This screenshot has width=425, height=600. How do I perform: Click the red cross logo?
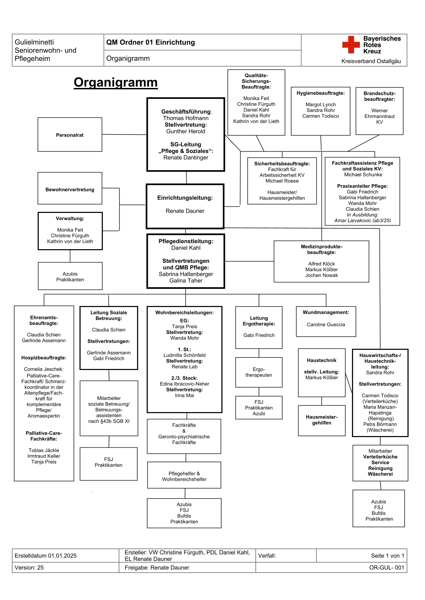click(x=351, y=45)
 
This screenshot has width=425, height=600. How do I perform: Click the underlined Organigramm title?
click(x=116, y=82)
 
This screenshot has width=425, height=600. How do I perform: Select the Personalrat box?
click(x=70, y=135)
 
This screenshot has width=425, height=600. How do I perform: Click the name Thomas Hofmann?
click(x=185, y=118)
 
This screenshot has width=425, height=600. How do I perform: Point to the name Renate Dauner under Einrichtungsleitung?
click(x=185, y=211)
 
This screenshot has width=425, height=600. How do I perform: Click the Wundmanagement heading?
click(x=326, y=312)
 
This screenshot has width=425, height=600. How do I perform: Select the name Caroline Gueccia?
click(x=326, y=324)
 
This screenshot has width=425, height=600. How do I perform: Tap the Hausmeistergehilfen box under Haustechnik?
click(x=321, y=420)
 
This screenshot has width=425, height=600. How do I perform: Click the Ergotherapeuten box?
click(x=259, y=372)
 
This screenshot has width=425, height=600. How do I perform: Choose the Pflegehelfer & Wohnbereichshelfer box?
click(x=184, y=476)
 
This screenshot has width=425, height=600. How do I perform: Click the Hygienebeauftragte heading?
click(x=320, y=93)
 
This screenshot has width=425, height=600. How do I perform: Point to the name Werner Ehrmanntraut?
click(x=379, y=113)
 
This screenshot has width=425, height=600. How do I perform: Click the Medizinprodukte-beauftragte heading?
click(x=321, y=249)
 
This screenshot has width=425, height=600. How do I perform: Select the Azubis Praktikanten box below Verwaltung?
click(x=70, y=277)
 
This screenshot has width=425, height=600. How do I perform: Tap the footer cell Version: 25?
click(x=29, y=567)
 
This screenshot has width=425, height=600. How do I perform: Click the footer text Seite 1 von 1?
click(x=387, y=556)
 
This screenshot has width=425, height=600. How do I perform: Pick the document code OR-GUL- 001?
click(x=386, y=567)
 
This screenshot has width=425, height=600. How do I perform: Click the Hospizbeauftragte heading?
click(x=44, y=358)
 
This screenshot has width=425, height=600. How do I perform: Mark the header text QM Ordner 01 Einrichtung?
click(x=150, y=42)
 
